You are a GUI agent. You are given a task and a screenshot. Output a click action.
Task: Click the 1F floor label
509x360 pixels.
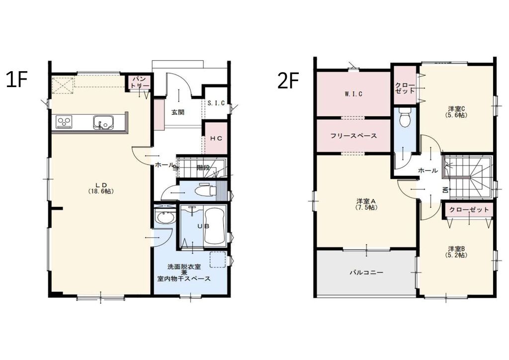click(16, 80)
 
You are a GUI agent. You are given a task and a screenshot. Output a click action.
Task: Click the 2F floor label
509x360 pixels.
click(288, 81)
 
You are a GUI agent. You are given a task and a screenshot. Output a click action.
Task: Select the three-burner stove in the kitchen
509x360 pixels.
click(64, 122)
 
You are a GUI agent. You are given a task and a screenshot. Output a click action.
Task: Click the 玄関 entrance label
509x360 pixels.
click(178, 113)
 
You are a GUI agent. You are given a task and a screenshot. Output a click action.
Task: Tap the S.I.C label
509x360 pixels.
click(216, 103)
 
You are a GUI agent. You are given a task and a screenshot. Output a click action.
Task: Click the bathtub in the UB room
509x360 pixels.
click(215, 227)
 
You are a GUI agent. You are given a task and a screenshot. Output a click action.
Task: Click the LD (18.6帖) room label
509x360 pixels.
click(101, 188)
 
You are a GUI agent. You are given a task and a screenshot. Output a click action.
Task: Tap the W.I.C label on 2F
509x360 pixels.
click(353, 94)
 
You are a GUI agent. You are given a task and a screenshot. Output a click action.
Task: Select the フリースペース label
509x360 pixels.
click(353, 136)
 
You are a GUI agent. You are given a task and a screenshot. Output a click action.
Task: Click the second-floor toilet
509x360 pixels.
click(405, 118)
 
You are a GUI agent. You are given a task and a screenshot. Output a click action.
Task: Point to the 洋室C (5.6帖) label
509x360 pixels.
click(456, 112)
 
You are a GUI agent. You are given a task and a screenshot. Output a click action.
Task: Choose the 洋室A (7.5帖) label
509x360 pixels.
click(366, 204)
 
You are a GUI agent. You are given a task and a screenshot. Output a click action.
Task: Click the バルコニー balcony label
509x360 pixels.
click(366, 272)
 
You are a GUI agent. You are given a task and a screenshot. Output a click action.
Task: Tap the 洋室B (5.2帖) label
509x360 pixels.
click(456, 252)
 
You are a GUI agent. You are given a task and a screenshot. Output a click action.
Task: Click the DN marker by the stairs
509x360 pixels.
click(445, 190)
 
